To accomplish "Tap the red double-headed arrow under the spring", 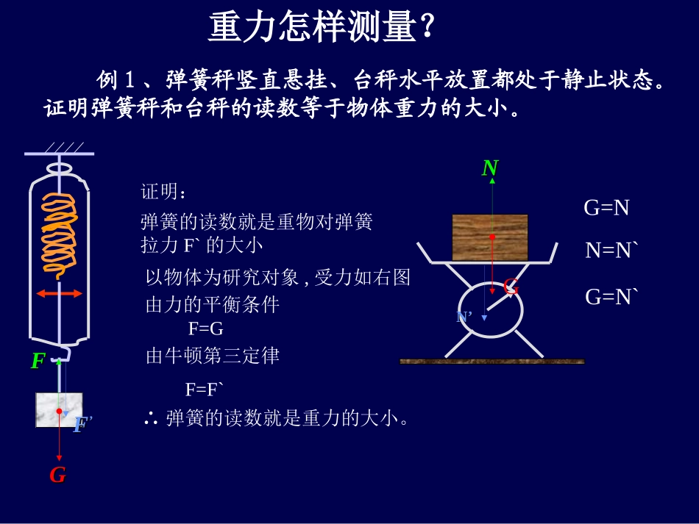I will click(x=60, y=293).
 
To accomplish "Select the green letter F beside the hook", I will click(x=38, y=361).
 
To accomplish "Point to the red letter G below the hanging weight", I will click(x=57, y=475).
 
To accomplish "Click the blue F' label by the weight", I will click(x=82, y=425).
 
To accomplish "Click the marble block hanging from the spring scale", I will click(x=59, y=409).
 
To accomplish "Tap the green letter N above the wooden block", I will click(x=490, y=168).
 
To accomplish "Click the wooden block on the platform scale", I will click(x=490, y=237).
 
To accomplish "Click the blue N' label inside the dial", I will click(x=464, y=317).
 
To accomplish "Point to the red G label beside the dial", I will click(x=511, y=287).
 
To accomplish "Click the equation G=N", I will click(x=606, y=208).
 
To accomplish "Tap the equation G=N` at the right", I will click(x=611, y=297).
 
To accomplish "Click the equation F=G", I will click(x=205, y=330).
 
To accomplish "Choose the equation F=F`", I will click(x=204, y=389).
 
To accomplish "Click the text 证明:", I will click(x=164, y=193).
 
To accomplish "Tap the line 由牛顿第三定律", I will click(x=213, y=356).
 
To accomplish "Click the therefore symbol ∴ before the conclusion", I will click(x=151, y=419).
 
